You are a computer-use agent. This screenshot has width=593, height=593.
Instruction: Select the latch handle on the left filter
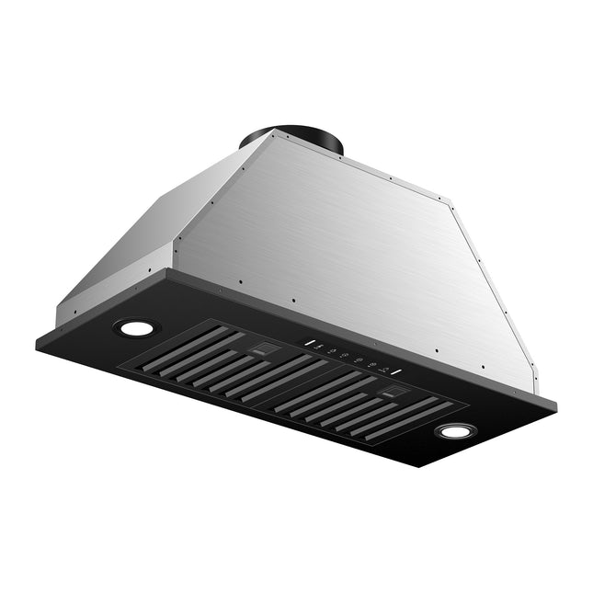point(265,348)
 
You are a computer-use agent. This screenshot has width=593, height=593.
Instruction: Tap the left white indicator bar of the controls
point(312,347)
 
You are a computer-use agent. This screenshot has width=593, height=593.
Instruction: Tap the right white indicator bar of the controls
point(397,373)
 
